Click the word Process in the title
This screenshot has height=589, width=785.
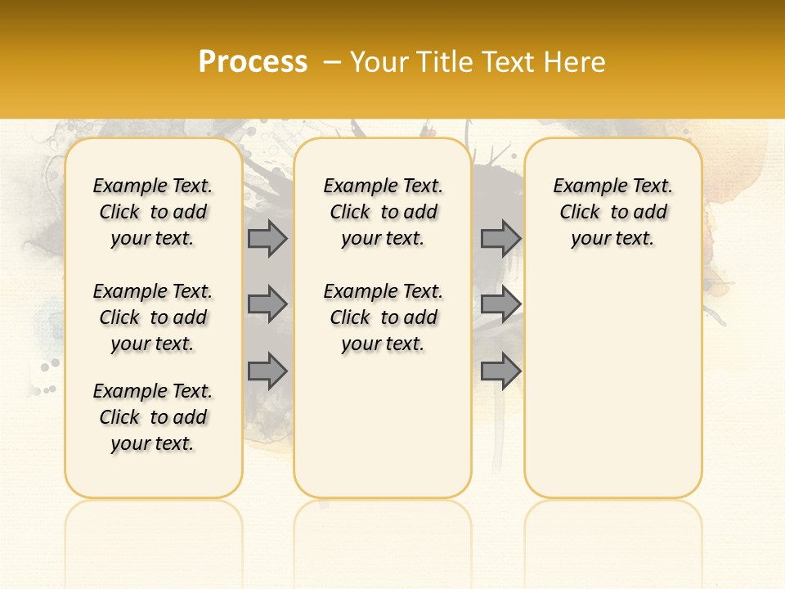point(253,62)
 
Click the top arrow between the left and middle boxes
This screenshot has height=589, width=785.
point(267,238)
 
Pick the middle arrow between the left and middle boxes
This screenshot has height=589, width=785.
point(267,304)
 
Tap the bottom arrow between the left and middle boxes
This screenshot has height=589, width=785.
point(267,371)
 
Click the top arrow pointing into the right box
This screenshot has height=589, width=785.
point(500,238)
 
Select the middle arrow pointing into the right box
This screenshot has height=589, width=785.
point(500,304)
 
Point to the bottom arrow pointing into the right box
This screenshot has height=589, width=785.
point(500,371)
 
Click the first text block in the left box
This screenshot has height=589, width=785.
point(153,212)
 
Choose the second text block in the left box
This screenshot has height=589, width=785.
point(153,317)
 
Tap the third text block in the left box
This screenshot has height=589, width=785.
point(153,417)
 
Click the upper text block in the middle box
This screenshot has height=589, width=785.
point(383,212)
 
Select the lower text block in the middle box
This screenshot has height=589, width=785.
point(383,317)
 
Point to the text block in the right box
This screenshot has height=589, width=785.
point(612,212)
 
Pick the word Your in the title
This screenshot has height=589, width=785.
point(379,62)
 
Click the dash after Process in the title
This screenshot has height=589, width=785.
point(332,62)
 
